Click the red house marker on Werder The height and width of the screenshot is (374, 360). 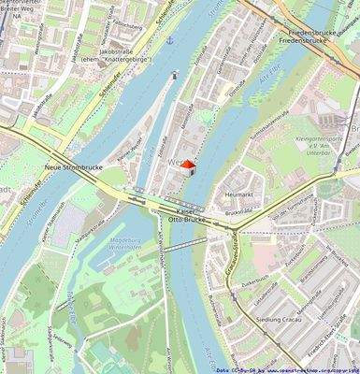pyautogui.click(x=186, y=166)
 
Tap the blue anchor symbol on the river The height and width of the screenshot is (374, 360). pyautogui.click(x=169, y=41)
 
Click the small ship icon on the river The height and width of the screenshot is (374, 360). pyautogui.click(x=175, y=74)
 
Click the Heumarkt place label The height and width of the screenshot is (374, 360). pyautogui.click(x=240, y=194)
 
